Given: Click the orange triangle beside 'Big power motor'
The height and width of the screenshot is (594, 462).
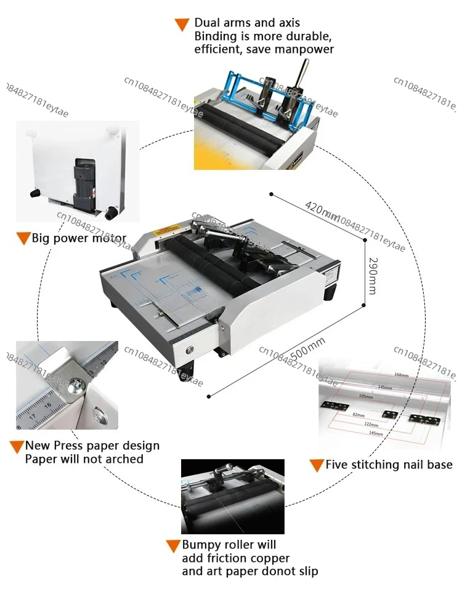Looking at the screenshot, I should (x=23, y=239).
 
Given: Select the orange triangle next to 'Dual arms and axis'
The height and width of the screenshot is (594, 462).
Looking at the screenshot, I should (x=182, y=25).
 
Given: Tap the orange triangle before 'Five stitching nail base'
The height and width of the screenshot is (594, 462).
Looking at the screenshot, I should (x=317, y=465).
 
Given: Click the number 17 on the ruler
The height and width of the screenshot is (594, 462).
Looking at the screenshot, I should (x=32, y=417).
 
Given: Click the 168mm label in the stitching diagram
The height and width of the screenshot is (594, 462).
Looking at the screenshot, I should (x=401, y=374).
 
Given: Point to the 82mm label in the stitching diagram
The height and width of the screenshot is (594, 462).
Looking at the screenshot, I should (x=358, y=415).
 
